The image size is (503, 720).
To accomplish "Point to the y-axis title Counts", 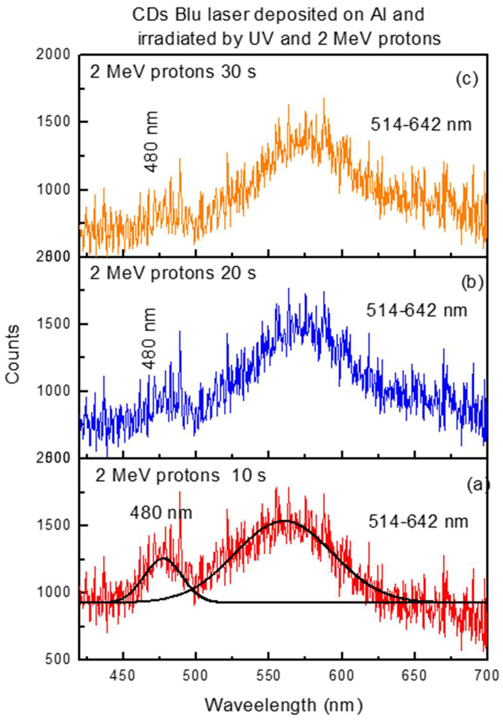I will [12, 355].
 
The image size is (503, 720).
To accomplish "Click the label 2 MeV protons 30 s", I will [173, 72].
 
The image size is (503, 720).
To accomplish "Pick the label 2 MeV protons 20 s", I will [173, 273].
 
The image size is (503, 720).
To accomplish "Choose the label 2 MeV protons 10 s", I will [180, 476].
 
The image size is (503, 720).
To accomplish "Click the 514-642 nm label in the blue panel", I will [417, 311].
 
